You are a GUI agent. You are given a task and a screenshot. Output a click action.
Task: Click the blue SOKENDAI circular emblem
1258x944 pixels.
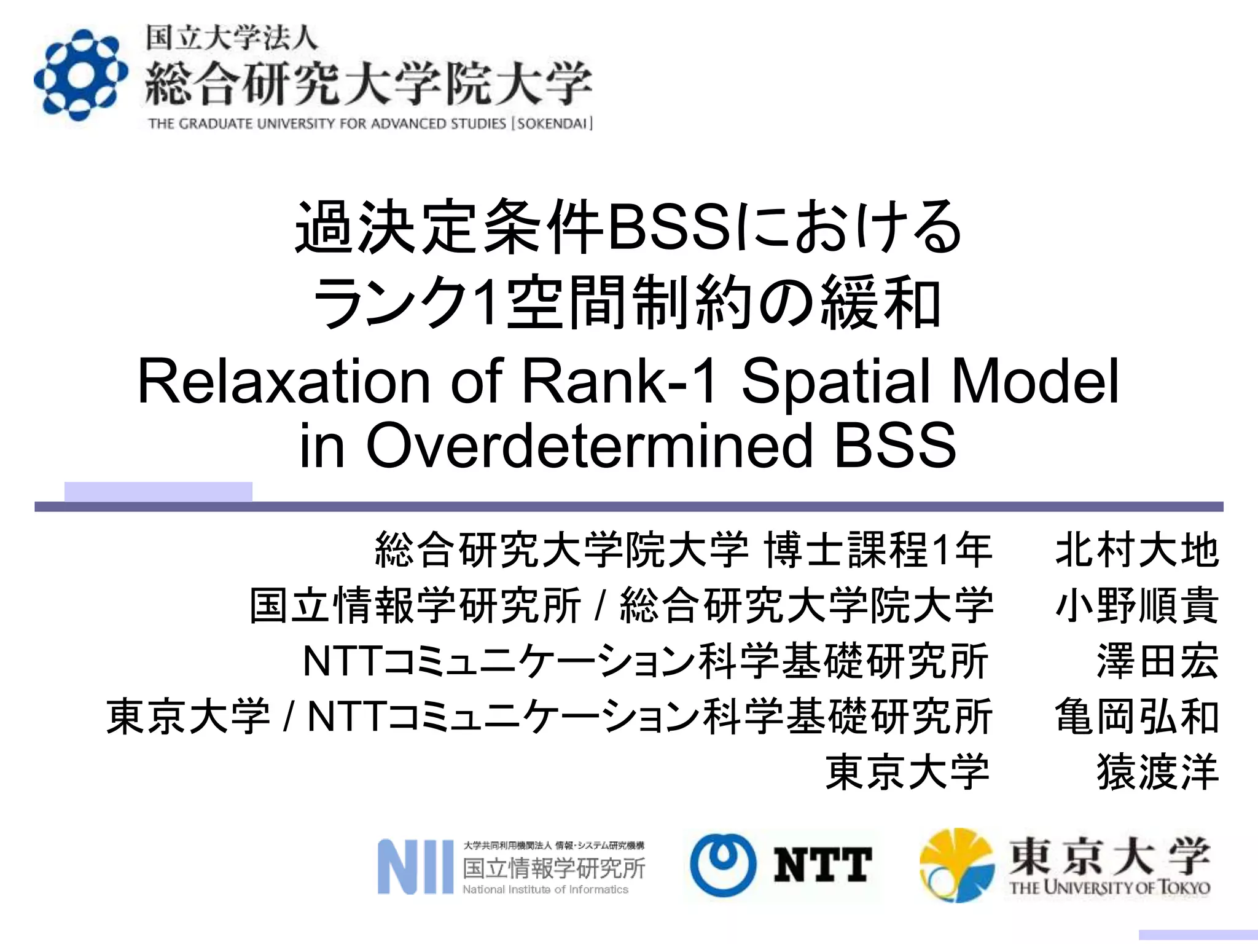(x=80, y=76)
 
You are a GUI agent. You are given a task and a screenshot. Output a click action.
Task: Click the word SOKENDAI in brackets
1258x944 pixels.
(x=552, y=124)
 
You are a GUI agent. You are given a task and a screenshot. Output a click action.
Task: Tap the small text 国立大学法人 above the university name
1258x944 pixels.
(x=232, y=38)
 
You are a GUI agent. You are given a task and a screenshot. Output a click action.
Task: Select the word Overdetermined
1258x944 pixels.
(x=590, y=445)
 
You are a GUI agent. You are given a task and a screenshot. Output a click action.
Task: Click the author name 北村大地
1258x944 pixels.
(x=1136, y=550)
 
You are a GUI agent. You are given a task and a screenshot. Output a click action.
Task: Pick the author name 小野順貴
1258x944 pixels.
(x=1136, y=605)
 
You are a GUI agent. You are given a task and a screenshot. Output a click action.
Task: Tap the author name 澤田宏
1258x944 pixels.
(x=1157, y=661)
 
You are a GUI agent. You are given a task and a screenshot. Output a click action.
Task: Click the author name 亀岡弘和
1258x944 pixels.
(x=1136, y=717)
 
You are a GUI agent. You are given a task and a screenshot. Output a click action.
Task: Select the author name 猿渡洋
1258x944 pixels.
(x=1157, y=772)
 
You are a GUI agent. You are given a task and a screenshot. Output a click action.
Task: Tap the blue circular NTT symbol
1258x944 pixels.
(x=723, y=865)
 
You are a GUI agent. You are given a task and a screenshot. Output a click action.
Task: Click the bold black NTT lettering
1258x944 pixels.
(x=822, y=865)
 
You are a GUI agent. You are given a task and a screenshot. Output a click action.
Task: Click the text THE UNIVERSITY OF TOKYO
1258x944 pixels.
(x=1109, y=888)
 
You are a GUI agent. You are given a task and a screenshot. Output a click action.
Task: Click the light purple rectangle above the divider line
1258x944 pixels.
(x=158, y=492)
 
